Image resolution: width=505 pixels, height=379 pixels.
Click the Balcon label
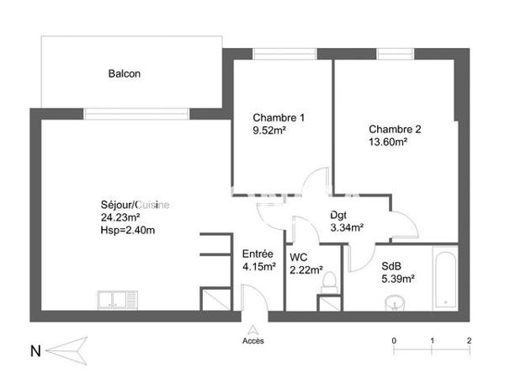pyautogui.click(x=124, y=73)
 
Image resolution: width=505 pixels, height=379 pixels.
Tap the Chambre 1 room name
pyautogui.click(x=279, y=117)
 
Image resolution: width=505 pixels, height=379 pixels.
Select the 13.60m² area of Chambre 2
pyautogui.click(x=388, y=143)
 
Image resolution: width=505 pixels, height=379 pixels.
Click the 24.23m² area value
pyautogui.click(x=120, y=216)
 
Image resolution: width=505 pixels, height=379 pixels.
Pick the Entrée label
pyautogui.click(x=257, y=254)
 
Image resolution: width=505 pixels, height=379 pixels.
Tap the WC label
pyautogui.click(x=298, y=257)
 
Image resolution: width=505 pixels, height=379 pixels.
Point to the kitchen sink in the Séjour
pyautogui.click(x=117, y=299)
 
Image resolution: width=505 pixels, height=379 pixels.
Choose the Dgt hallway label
pyautogui.click(x=338, y=214)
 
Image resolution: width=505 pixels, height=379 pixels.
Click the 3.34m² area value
pyautogui.click(x=347, y=227)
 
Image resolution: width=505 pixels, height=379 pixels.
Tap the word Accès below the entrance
pyautogui.click(x=252, y=340)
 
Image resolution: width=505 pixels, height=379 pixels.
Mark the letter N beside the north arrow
pyautogui.click(x=35, y=350)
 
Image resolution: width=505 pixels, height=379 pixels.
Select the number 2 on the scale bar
pyautogui.click(x=469, y=340)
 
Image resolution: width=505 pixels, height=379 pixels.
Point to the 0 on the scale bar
pyautogui.click(x=394, y=340)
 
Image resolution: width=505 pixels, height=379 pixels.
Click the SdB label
pyautogui.click(x=391, y=264)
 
